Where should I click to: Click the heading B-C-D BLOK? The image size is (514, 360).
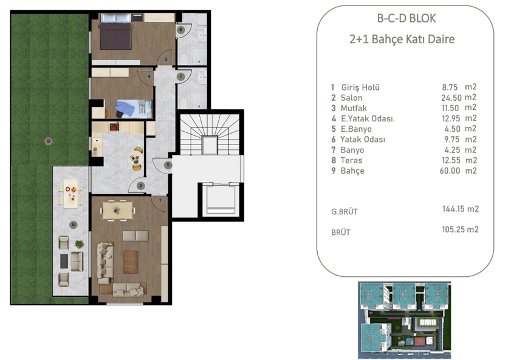point(406,18)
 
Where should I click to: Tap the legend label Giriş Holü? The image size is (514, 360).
point(360,87)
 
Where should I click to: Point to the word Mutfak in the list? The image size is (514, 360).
point(354,108)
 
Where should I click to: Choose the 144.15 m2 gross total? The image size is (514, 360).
point(461,209)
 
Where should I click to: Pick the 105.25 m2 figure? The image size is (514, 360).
point(461,229)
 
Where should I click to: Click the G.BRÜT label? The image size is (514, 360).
point(344,212)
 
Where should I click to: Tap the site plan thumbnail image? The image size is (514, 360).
point(404,316)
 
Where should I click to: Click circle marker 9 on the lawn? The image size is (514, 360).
point(49,141)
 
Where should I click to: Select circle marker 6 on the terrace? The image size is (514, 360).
point(73,225)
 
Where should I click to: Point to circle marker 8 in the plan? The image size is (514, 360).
point(180,29)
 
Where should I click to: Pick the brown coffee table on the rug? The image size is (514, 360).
point(131,262)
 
